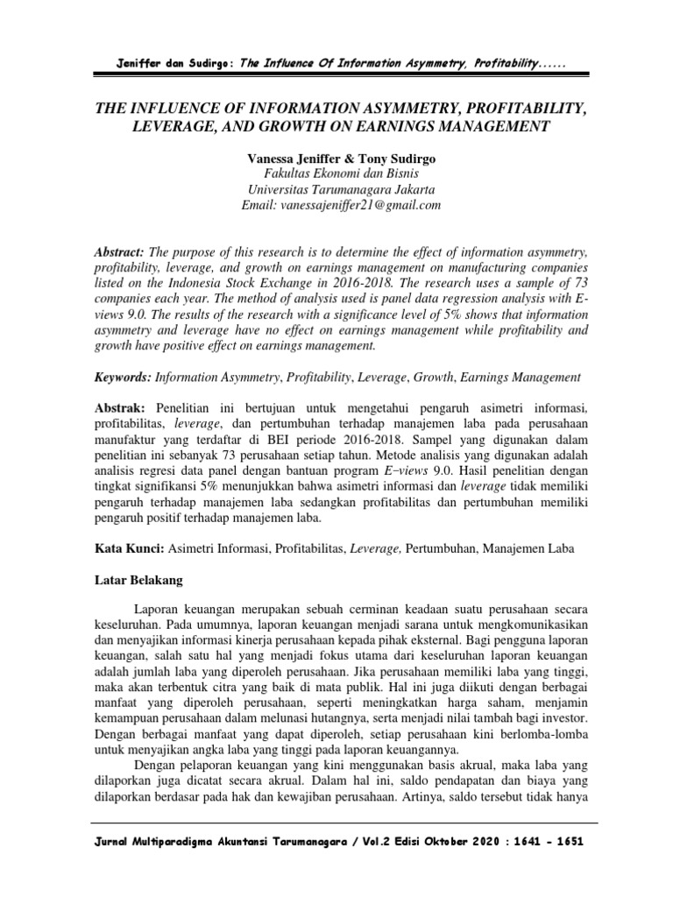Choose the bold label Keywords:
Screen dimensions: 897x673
click(x=123, y=378)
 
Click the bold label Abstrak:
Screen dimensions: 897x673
click(x=121, y=410)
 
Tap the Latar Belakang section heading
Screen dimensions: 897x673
click(x=138, y=580)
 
